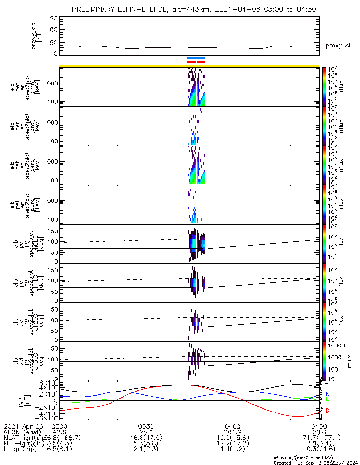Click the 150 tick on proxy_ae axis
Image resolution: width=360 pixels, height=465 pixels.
click(x=52, y=19)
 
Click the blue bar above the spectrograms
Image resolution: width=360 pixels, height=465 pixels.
click(x=196, y=58)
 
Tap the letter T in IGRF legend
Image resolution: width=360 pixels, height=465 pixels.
click(x=327, y=385)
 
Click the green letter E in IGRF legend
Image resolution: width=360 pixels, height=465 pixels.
click(x=327, y=399)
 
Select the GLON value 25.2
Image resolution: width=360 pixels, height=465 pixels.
click(x=146, y=432)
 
